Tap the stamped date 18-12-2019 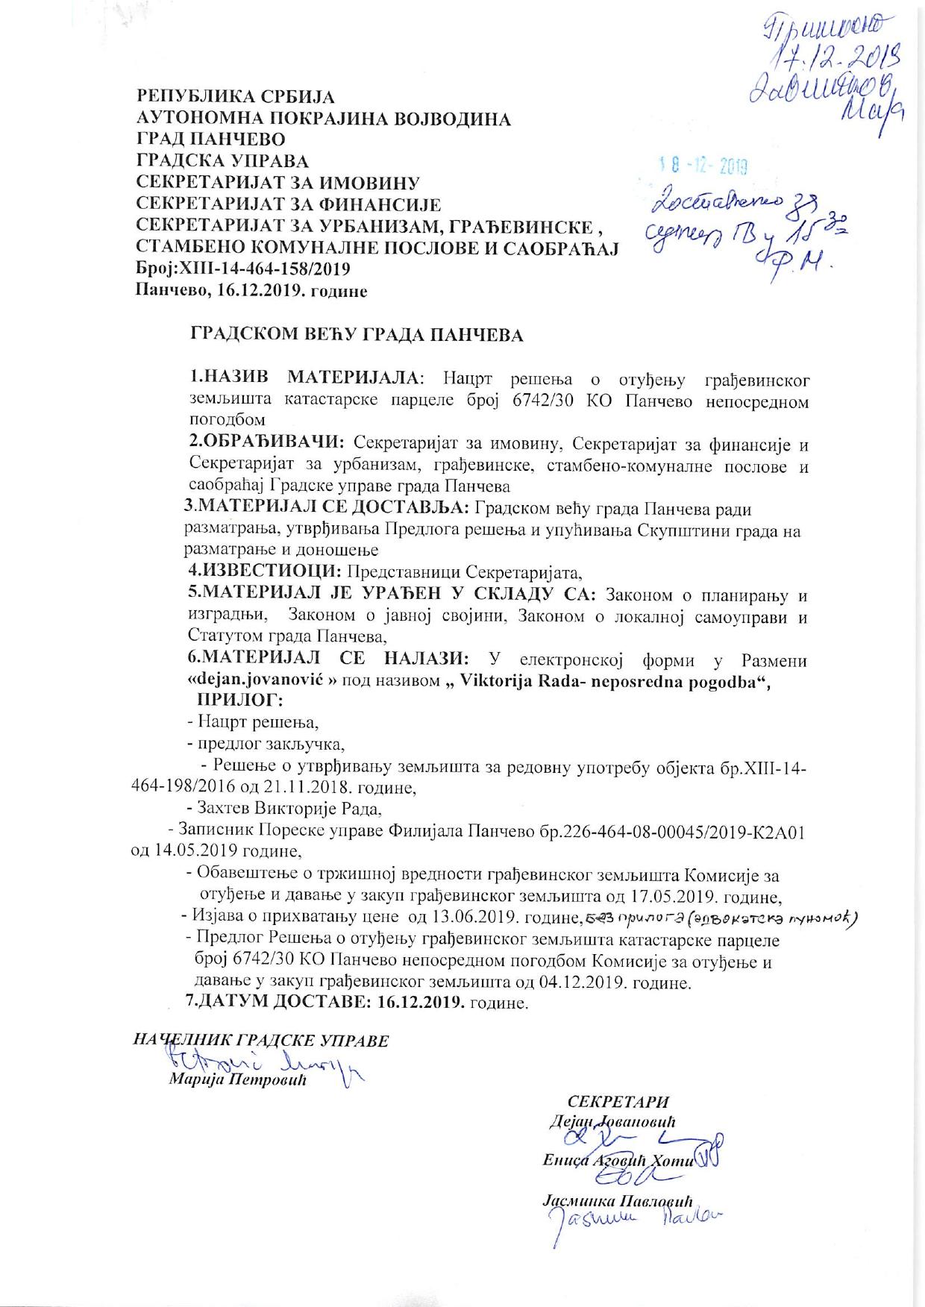point(703,166)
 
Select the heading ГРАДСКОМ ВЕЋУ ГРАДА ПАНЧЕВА point(357,335)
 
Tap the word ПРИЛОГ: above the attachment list point(239,700)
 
